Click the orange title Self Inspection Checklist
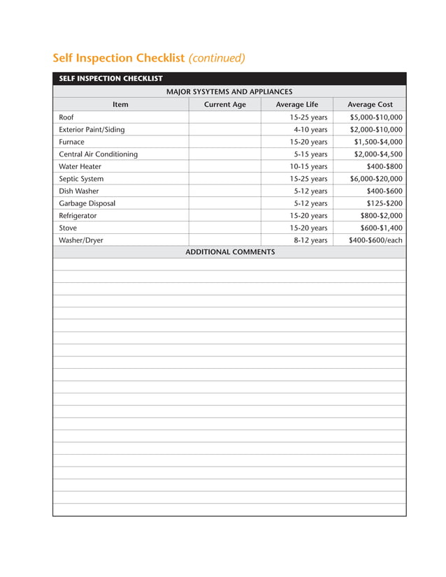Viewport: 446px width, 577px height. click(119, 58)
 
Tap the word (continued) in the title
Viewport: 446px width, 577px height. click(217, 58)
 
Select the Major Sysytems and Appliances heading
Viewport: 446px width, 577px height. click(229, 92)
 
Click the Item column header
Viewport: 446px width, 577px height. click(120, 105)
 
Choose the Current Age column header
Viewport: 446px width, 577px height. click(224, 105)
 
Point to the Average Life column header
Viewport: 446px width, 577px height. click(296, 105)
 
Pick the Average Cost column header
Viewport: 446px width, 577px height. click(370, 105)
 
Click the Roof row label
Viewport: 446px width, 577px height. click(66, 117)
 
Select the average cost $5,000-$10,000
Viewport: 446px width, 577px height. click(376, 117)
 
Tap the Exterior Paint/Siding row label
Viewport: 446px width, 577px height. click(92, 130)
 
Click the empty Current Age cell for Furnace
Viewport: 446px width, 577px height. click(224, 142)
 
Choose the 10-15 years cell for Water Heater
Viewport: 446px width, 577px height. click(308, 166)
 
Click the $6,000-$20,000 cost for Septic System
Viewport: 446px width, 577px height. click(376, 179)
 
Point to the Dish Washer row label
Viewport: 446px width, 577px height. click(79, 191)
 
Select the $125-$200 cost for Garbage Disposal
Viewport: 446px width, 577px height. click(384, 203)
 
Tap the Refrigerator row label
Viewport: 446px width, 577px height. click(78, 216)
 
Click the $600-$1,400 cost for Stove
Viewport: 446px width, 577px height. click(381, 228)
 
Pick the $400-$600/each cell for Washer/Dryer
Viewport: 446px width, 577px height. click(375, 240)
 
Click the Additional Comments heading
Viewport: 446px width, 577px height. click(229, 252)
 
